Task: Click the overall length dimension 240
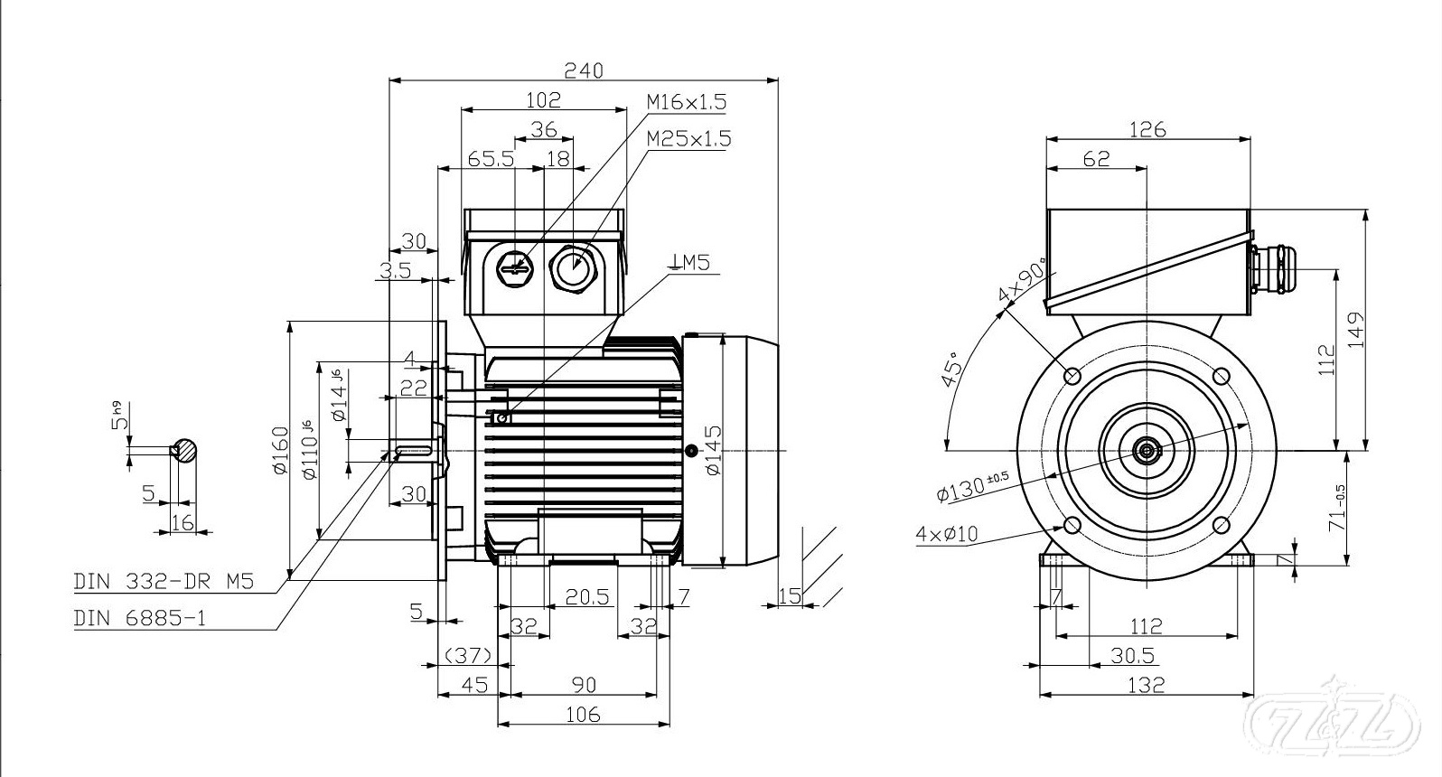click(x=583, y=70)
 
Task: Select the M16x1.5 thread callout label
click(x=686, y=102)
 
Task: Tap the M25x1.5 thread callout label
click(x=688, y=139)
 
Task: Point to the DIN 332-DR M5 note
click(x=163, y=582)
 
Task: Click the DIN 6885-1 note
click(x=140, y=619)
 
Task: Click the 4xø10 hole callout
click(x=946, y=534)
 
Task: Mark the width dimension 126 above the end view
click(x=1147, y=129)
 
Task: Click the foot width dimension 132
click(x=1147, y=685)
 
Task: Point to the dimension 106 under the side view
click(x=583, y=715)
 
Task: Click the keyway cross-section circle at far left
click(x=185, y=450)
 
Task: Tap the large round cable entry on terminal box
click(x=572, y=267)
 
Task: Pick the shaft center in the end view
click(x=1147, y=449)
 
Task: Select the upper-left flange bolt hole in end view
click(x=1073, y=375)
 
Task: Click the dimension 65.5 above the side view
click(x=491, y=159)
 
